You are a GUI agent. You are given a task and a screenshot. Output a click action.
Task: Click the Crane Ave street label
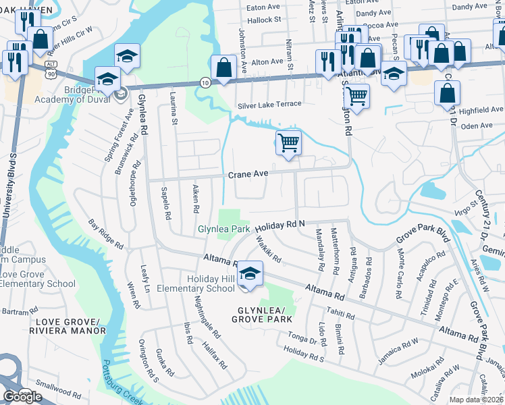(x=248, y=174)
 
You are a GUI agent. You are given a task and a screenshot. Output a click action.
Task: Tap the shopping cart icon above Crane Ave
(x=288, y=143)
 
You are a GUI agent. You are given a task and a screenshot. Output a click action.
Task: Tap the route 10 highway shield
(x=205, y=82)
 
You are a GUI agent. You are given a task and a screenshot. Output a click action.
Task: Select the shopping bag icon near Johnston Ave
(x=223, y=67)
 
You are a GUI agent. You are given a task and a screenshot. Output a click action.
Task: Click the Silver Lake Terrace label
(x=269, y=106)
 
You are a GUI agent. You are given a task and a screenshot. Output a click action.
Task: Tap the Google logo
(x=22, y=397)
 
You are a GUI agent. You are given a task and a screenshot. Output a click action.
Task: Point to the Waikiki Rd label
(x=268, y=254)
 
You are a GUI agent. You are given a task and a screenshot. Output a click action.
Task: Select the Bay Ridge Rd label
(x=107, y=233)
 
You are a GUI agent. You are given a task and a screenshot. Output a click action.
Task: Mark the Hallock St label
(x=263, y=20)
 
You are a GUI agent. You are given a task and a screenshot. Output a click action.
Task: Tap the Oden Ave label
(x=477, y=126)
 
